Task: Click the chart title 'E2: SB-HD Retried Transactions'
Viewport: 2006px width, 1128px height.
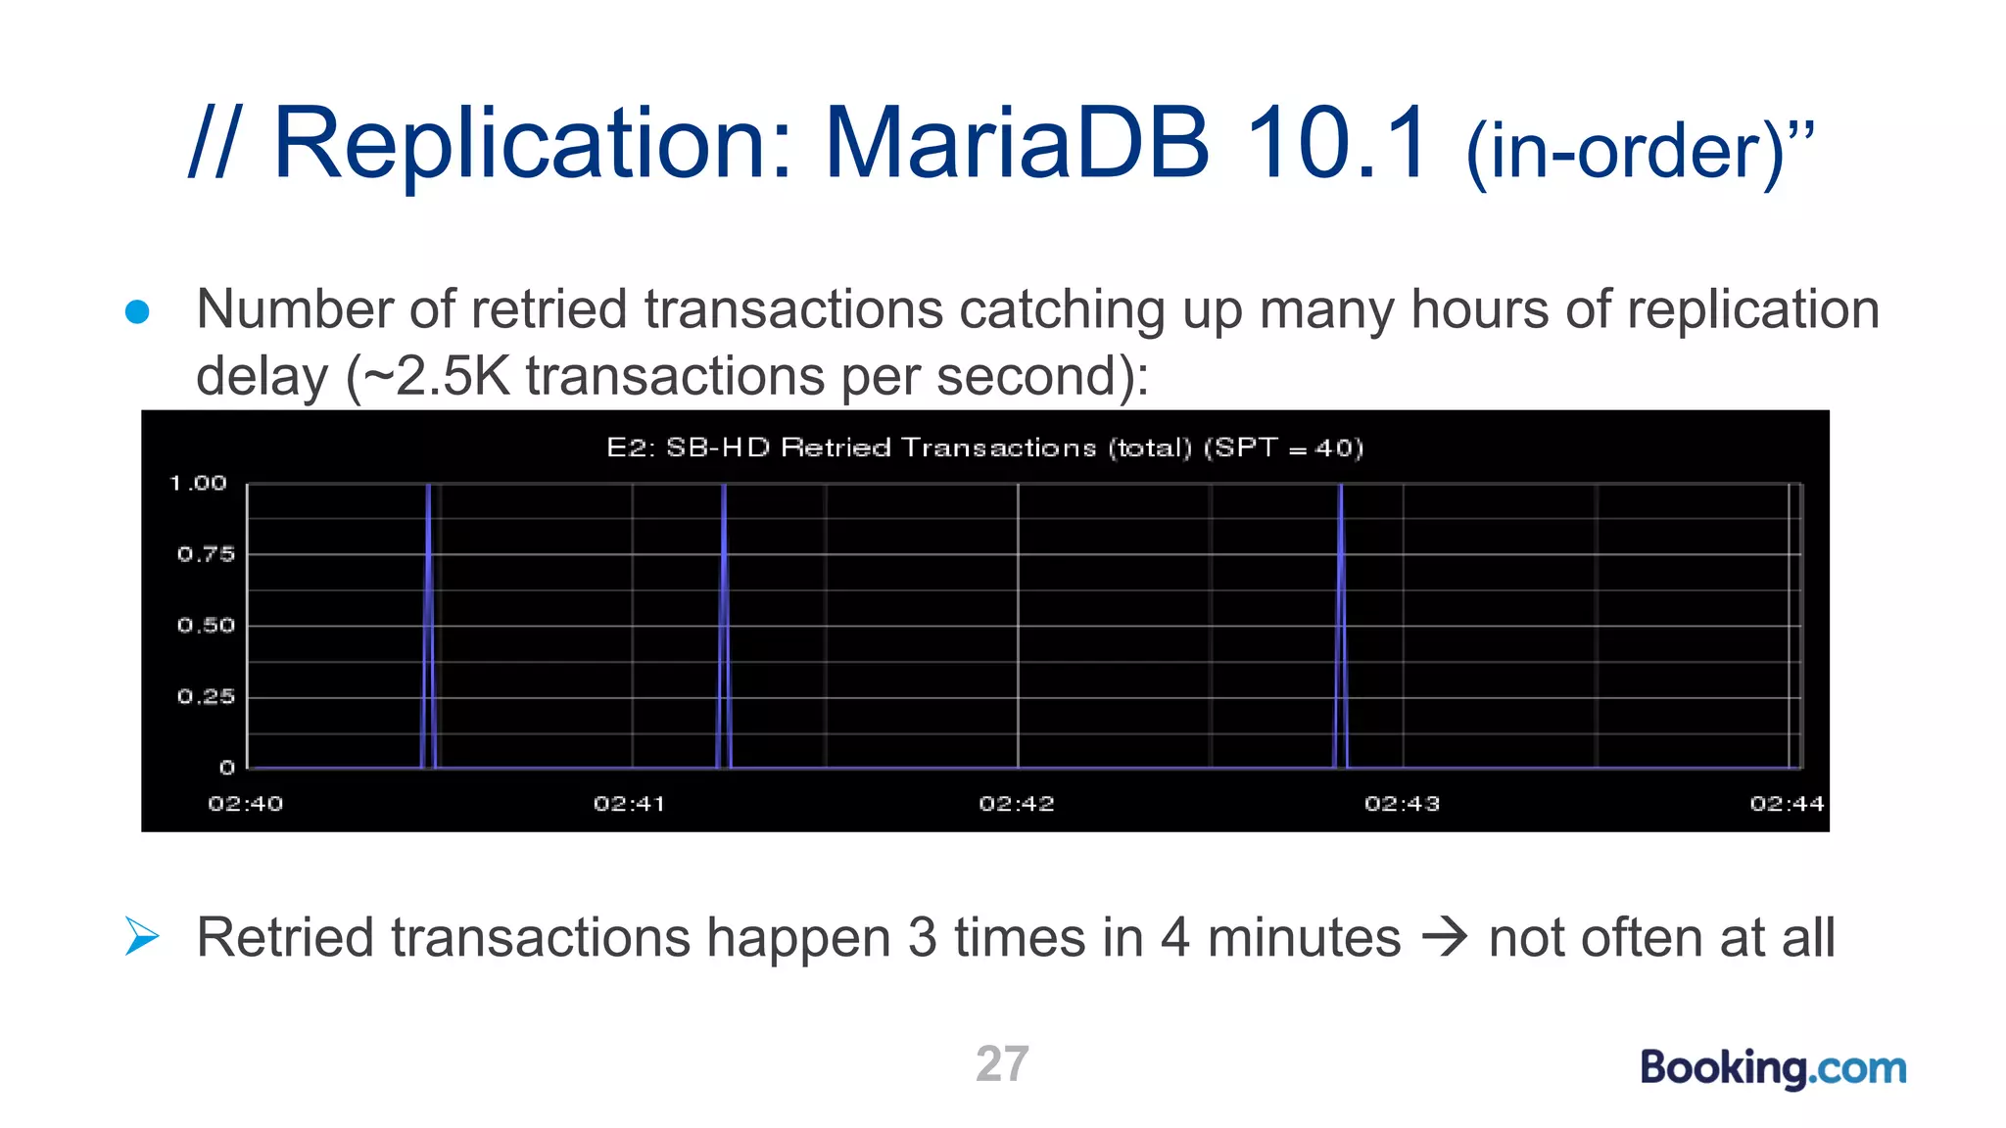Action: tap(984, 447)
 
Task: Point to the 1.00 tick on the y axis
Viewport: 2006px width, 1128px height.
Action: tap(198, 483)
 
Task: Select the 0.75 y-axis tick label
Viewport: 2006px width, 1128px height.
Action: tap(206, 554)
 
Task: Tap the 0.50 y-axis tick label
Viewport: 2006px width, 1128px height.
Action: tap(206, 626)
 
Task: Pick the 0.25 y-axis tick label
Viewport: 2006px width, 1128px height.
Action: tap(206, 697)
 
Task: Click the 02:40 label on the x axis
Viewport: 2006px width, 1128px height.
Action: tap(246, 804)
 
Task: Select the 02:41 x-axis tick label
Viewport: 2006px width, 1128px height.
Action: tap(630, 804)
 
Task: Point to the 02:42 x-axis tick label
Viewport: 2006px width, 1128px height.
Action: tap(1017, 804)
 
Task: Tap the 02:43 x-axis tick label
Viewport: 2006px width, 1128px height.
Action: tap(1403, 804)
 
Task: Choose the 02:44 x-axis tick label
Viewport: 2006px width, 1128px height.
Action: tap(1787, 804)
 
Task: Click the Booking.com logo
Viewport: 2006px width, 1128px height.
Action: tap(1773, 1067)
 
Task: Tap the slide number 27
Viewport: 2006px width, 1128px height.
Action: tap(1002, 1063)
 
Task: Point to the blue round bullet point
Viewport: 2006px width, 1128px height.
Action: tap(137, 311)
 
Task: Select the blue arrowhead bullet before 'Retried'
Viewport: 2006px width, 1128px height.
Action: tap(142, 936)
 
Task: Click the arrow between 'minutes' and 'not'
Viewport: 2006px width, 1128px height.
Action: tap(1445, 937)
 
